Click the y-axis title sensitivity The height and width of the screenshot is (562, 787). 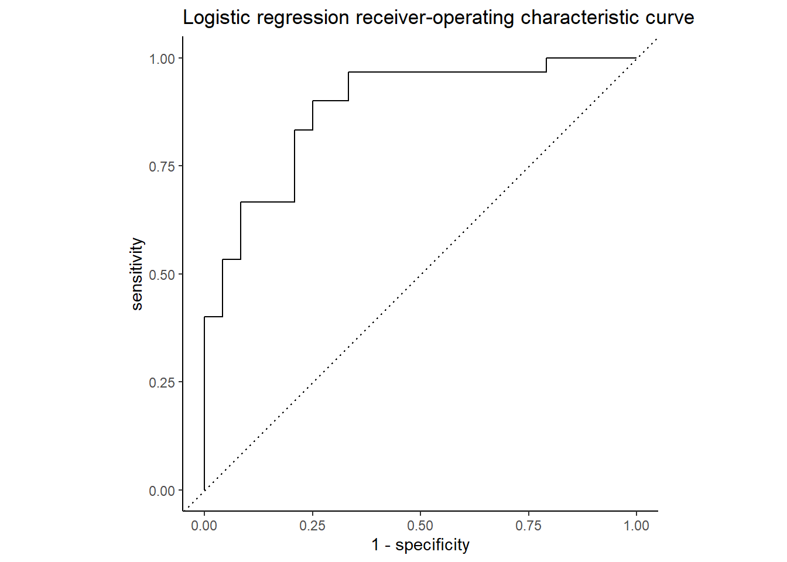pos(136,273)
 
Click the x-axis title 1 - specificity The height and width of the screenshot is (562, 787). pos(420,545)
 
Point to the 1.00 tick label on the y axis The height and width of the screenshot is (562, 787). pos(162,59)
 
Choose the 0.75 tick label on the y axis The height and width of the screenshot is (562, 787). pos(162,166)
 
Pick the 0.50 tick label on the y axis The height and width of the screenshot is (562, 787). pos(162,275)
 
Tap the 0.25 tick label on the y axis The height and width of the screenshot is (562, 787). pos(162,382)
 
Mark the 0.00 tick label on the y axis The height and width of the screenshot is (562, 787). pos(162,491)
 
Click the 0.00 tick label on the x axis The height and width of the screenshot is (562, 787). pos(204,526)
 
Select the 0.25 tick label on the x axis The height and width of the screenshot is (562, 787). pos(312,526)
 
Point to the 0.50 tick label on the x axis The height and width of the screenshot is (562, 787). pos(420,526)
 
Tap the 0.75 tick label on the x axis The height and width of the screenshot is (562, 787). pos(528,526)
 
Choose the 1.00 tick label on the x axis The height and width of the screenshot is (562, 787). pos(637,526)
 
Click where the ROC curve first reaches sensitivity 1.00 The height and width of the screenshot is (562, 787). pos(546,58)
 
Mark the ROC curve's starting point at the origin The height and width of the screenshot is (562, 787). pos(204,490)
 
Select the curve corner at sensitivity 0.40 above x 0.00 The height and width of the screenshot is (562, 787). pos(204,317)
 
